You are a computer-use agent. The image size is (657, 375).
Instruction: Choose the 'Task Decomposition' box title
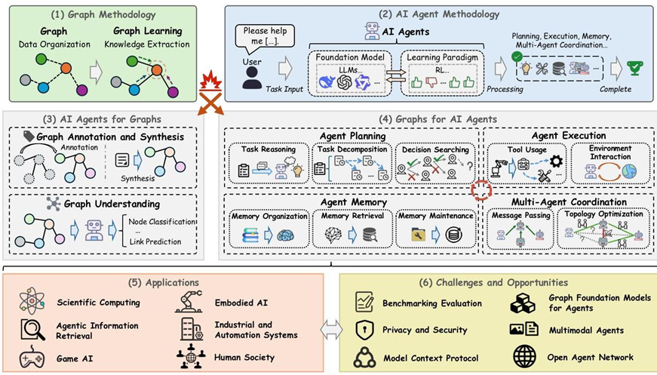[352, 149]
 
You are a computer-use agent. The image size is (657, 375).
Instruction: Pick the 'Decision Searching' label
[435, 149]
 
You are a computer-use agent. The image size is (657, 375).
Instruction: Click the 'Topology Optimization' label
[606, 215]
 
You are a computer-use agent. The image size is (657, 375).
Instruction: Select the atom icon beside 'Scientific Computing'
[32, 302]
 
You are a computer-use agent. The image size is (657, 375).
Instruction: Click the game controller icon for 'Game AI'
[32, 357]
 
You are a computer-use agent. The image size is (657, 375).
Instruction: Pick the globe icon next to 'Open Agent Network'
[523, 357]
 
